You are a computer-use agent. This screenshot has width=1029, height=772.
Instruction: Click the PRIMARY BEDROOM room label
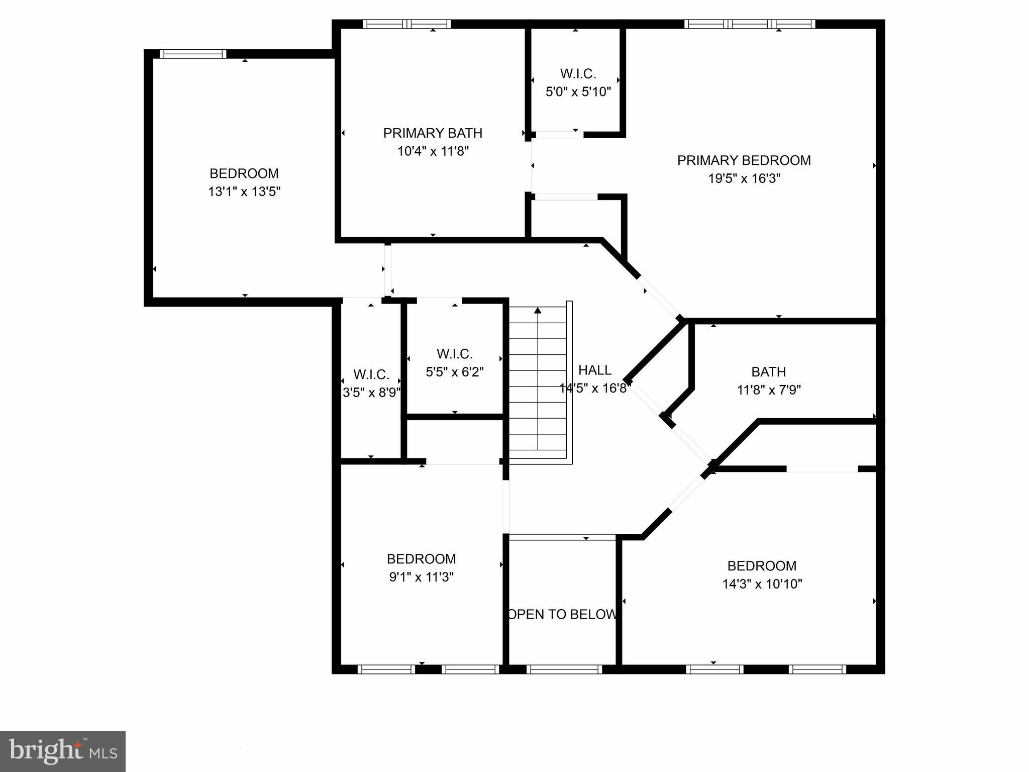click(x=744, y=160)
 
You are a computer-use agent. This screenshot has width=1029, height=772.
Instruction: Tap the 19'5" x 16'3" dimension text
click(x=744, y=178)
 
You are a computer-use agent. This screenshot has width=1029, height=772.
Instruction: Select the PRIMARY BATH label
click(x=433, y=133)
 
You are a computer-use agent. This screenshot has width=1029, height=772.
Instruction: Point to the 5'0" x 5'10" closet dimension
click(x=578, y=92)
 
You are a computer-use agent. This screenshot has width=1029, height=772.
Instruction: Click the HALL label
click(x=595, y=370)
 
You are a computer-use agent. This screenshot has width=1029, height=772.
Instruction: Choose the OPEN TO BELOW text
click(x=562, y=614)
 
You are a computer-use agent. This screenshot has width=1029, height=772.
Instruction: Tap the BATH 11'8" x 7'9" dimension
click(x=768, y=390)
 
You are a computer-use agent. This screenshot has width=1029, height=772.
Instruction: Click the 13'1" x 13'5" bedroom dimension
click(x=244, y=191)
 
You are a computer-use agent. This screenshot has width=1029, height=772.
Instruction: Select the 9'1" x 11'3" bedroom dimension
click(x=421, y=577)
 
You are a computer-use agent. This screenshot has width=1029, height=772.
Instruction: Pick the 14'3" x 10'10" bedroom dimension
click(x=762, y=584)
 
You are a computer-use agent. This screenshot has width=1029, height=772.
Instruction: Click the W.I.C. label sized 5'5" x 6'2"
click(x=454, y=354)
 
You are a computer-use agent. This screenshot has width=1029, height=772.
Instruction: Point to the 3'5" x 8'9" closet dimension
click(x=371, y=393)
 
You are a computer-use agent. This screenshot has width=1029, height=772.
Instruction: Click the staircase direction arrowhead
click(x=538, y=310)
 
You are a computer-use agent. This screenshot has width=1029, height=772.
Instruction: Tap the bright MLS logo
click(x=63, y=751)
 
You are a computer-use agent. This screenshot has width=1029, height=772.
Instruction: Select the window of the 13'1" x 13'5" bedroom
click(x=193, y=54)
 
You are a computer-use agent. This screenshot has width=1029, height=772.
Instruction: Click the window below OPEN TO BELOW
click(x=564, y=669)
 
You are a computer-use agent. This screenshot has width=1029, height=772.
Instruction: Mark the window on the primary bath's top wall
click(x=406, y=24)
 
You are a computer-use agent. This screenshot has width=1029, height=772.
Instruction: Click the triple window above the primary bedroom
click(x=750, y=24)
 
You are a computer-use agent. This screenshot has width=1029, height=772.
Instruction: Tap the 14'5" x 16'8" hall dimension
click(x=595, y=389)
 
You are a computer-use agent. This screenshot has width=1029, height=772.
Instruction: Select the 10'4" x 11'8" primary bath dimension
click(x=433, y=151)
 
